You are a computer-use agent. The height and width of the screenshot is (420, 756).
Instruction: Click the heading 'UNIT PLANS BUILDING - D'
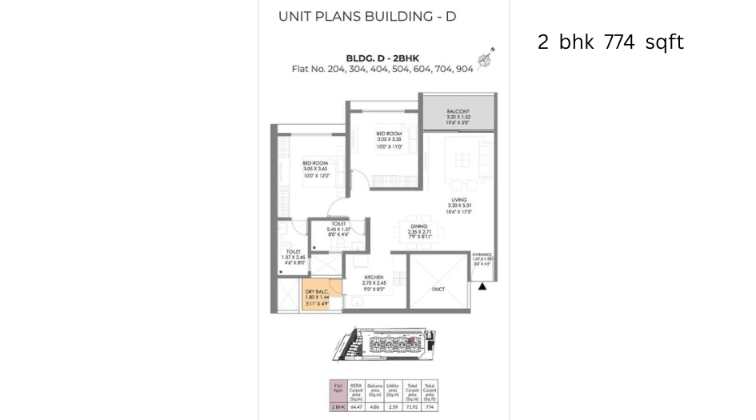point(366,16)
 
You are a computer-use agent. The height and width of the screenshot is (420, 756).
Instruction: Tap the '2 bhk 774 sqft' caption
point(610,42)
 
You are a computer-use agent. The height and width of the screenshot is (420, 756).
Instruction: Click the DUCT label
point(437,289)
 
